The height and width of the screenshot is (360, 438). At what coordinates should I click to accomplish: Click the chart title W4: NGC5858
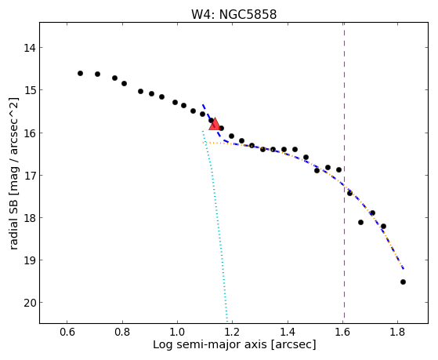click(x=233, y=14)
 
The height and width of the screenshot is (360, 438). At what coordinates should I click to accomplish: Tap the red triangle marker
click(x=215, y=125)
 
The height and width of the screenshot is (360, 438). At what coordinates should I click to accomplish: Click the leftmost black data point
click(x=80, y=73)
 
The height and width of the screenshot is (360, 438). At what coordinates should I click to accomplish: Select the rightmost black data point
click(x=403, y=282)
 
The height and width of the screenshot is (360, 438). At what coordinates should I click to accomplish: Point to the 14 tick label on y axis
click(x=30, y=48)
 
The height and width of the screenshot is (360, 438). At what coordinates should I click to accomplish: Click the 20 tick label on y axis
click(x=30, y=303)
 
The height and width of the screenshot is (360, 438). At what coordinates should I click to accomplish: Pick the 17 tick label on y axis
click(x=30, y=176)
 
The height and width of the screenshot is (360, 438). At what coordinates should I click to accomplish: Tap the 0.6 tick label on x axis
click(x=67, y=332)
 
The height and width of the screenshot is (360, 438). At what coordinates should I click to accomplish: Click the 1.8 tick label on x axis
click(x=397, y=332)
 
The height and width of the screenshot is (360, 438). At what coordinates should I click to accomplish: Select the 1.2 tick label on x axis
click(x=232, y=332)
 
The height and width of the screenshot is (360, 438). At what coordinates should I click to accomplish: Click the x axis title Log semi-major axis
click(x=210, y=344)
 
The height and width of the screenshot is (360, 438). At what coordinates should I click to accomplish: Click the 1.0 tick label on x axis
click(x=177, y=332)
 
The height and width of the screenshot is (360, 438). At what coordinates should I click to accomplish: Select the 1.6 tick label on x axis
click(x=342, y=332)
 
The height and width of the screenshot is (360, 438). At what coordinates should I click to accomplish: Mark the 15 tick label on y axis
click(x=30, y=90)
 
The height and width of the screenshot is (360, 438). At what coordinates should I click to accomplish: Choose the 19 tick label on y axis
click(x=30, y=260)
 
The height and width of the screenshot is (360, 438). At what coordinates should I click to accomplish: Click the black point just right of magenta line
click(x=349, y=193)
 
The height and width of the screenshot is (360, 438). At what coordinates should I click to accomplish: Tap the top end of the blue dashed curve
click(x=203, y=104)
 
